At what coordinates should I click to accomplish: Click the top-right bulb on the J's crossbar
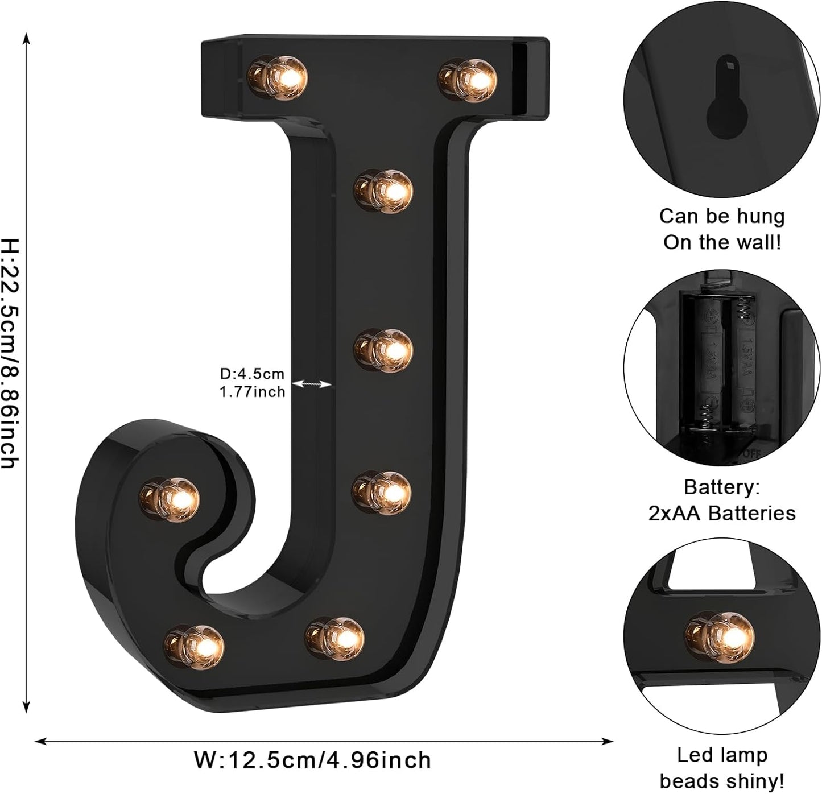(x=468, y=78)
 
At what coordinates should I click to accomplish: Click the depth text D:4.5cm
(x=251, y=374)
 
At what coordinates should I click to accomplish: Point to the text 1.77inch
(x=252, y=392)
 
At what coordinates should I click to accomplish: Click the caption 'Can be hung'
(x=721, y=216)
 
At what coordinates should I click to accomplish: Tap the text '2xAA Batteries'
(x=721, y=513)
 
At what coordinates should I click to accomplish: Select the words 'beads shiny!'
(x=721, y=780)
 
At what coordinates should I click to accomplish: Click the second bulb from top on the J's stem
(x=383, y=349)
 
